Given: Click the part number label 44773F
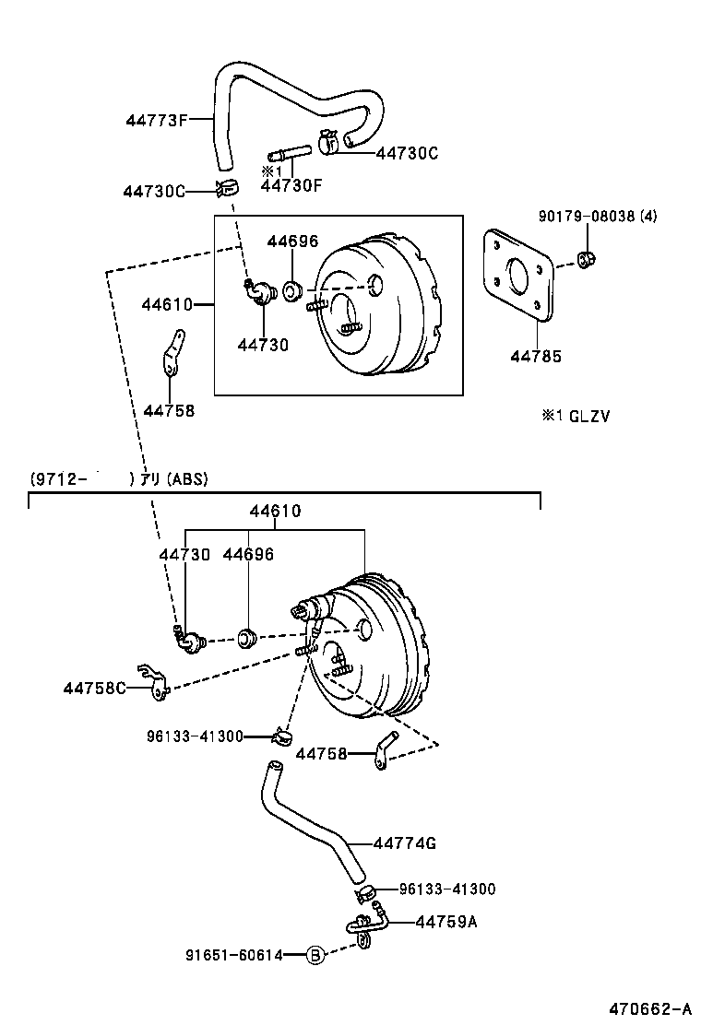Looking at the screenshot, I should pyautogui.click(x=157, y=119).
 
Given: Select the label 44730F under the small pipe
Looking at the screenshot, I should pyautogui.click(x=291, y=185).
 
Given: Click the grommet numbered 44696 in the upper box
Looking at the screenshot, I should pyautogui.click(x=291, y=292).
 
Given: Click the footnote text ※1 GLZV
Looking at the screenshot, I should pyautogui.click(x=575, y=416).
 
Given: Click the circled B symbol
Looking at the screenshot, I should pyautogui.click(x=315, y=955).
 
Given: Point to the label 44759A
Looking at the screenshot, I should pyautogui.click(x=446, y=920).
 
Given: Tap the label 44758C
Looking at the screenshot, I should pyautogui.click(x=94, y=688).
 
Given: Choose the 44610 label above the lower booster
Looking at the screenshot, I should pyautogui.click(x=275, y=511).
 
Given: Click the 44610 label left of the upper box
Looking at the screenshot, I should pyautogui.click(x=166, y=303).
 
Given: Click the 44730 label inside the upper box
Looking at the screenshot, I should pyautogui.click(x=262, y=345).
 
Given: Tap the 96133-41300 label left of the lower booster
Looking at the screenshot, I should pyautogui.click(x=194, y=736).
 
